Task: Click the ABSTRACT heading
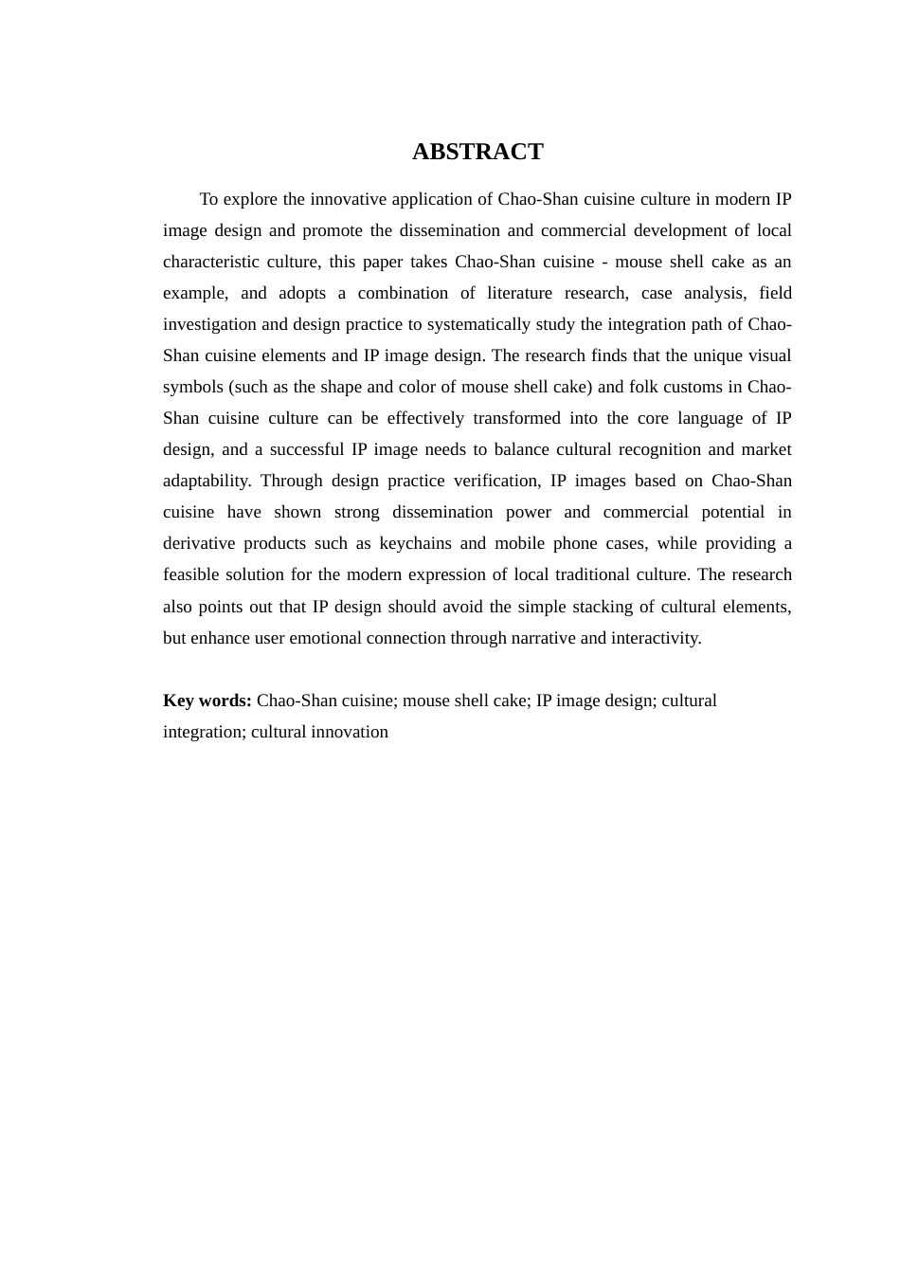(x=477, y=152)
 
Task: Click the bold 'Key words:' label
(x=207, y=701)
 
